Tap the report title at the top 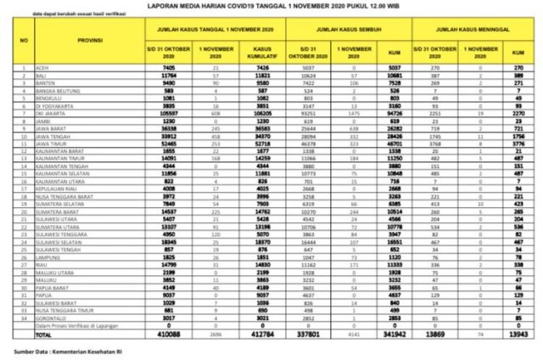coord(271,7)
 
